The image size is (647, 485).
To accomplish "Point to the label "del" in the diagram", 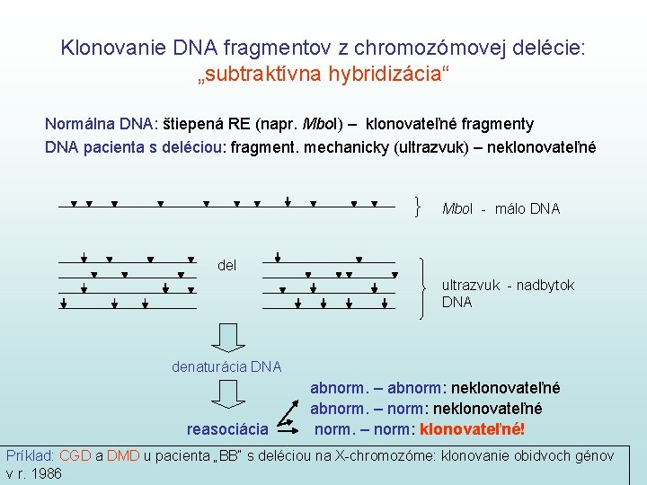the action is pos(227,265).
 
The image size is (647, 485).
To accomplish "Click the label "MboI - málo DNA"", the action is pos(501,209).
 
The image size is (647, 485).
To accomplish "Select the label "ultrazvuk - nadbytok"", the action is pos(508,286).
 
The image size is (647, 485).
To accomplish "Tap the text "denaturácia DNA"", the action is pos(226,366).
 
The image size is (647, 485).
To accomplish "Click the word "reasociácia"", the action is pos(227,428).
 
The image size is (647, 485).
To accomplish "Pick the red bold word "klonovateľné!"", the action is pos(473,428).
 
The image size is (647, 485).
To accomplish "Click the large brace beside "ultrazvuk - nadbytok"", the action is pos(425,287).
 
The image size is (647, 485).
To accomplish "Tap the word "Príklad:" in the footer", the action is pos(31,456).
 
